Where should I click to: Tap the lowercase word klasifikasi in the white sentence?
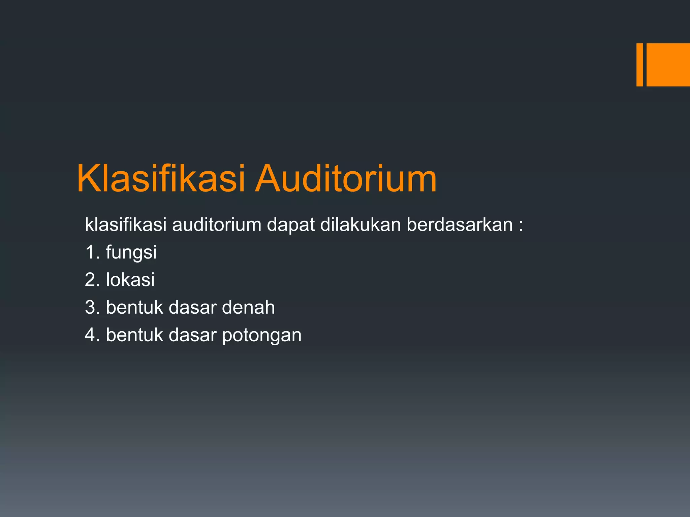coord(126,225)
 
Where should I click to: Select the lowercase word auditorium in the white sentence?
coord(217,225)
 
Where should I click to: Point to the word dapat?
coord(291,225)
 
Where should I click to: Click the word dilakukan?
coord(360,225)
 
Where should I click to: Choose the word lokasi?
coord(130,280)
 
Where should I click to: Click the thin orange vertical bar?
coord(639,65)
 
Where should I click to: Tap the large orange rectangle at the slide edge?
coord(668,65)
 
